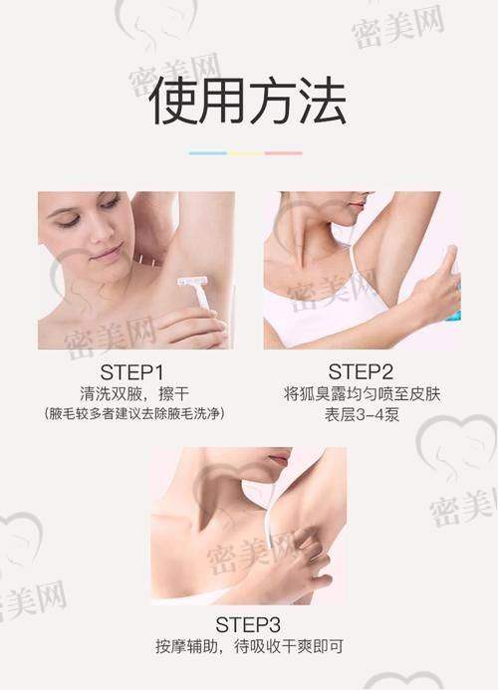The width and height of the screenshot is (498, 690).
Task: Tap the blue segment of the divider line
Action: [208, 153]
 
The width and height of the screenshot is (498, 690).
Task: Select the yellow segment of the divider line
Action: [246, 153]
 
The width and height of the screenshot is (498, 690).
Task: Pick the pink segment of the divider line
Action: [284, 153]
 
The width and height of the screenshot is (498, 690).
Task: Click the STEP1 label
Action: [131, 372]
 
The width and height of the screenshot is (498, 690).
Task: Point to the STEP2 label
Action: [361, 371]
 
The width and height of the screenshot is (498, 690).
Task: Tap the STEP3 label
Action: [248, 625]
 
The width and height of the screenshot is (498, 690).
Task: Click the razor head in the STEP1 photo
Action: [192, 281]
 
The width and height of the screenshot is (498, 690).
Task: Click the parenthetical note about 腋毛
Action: [133, 414]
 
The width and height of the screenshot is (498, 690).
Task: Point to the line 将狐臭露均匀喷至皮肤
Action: [362, 394]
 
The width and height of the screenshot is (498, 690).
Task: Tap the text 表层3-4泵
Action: [362, 414]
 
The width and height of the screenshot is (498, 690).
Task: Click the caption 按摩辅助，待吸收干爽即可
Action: [249, 646]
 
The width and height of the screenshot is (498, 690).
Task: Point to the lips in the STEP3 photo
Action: [279, 459]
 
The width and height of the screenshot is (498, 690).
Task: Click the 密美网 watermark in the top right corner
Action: [397, 26]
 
